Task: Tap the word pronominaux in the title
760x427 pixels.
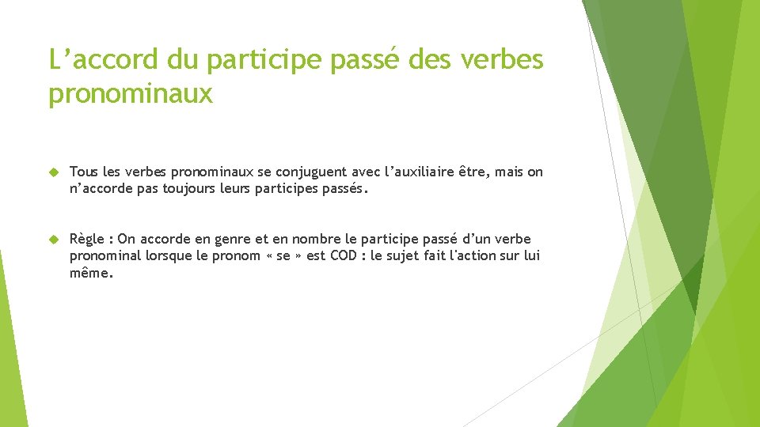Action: coord(131,94)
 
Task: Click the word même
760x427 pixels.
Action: coord(90,273)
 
